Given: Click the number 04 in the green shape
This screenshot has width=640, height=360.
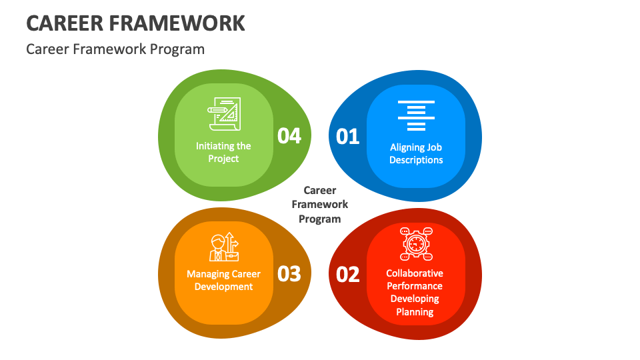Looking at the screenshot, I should click(x=289, y=136).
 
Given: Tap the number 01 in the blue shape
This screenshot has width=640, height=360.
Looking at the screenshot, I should click(x=348, y=137).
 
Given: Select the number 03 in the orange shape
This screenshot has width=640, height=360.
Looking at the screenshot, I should click(x=289, y=273).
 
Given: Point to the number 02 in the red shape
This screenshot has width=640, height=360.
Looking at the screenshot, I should click(x=348, y=274).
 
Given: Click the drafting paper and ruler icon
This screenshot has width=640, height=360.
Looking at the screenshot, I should click(x=224, y=115).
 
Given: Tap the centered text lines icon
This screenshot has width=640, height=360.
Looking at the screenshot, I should click(x=416, y=115).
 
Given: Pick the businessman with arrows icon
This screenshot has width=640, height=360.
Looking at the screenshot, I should click(x=224, y=247).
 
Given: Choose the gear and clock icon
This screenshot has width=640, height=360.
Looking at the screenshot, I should click(x=416, y=244).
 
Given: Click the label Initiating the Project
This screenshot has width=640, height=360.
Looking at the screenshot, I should click(x=223, y=152).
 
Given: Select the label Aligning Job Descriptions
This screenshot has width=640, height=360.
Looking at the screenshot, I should click(x=416, y=153).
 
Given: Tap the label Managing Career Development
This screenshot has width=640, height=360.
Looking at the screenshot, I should click(x=223, y=280).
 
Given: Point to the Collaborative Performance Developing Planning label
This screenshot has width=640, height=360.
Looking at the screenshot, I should click(x=415, y=292).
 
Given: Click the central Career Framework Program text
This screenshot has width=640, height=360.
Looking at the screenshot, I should click(x=320, y=205).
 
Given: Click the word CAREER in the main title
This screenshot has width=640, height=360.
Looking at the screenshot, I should click(x=63, y=23).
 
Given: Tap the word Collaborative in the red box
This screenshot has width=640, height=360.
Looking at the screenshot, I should click(x=415, y=273).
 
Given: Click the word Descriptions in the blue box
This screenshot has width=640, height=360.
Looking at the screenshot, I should click(x=416, y=160).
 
